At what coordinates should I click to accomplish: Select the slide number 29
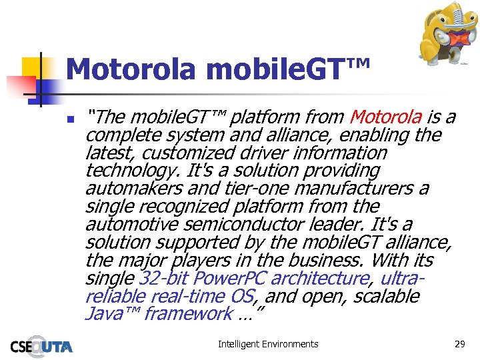tap(459, 344)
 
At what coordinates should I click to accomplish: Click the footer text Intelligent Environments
tap(268, 344)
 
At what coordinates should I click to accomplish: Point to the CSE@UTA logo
tap(41, 345)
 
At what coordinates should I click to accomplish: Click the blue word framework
tap(189, 313)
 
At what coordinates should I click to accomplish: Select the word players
tap(200, 260)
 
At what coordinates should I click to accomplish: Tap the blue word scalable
tap(389, 296)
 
